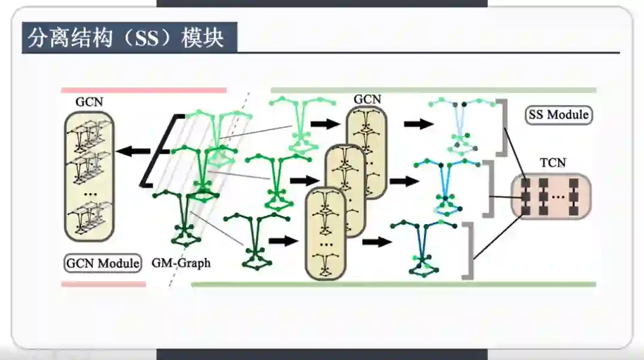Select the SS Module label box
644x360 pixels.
(559, 114)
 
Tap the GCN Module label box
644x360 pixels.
(103, 263)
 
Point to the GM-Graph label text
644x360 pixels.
(181, 262)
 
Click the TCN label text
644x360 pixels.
(552, 163)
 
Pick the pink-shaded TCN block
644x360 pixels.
(550, 195)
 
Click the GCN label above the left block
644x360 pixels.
(89, 102)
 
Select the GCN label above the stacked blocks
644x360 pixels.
(367, 99)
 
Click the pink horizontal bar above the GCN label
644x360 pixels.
(144, 91)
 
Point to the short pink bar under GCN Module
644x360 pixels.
(103, 284)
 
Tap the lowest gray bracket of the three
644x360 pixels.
(467, 250)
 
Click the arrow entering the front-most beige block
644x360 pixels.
(283, 241)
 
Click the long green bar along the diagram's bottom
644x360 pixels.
(393, 284)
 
